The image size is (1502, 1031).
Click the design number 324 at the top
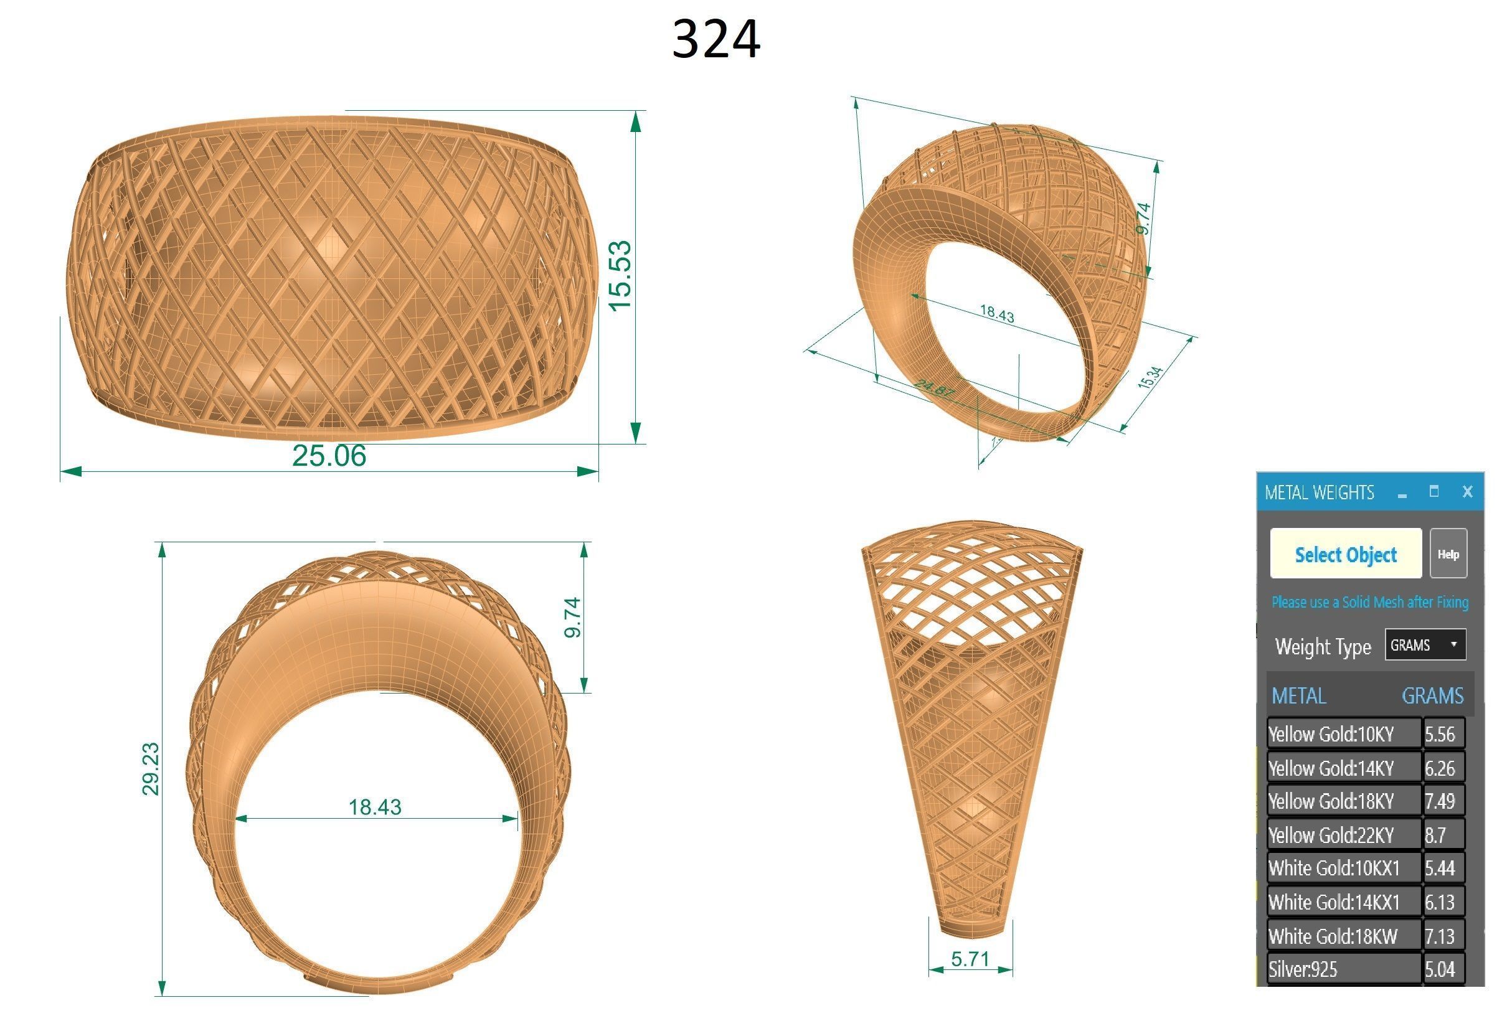point(716,40)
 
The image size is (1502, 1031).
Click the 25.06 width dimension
point(329,456)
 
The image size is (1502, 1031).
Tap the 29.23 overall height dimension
point(151,769)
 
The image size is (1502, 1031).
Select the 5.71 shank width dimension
point(970,959)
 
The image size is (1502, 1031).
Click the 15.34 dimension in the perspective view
point(1150,377)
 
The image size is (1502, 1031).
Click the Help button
point(1448,554)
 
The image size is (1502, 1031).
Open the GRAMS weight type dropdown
point(1424,645)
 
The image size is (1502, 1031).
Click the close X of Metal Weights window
point(1467,492)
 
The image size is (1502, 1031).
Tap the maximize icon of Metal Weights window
point(1434,492)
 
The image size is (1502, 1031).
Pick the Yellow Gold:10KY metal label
point(1331,735)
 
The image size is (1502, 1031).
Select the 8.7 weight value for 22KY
point(1436,836)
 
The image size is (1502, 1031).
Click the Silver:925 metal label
point(1303,969)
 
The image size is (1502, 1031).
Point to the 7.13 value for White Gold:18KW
point(1440,936)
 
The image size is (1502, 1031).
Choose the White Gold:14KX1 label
point(1334,903)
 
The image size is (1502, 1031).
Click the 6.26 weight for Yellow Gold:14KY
point(1440,768)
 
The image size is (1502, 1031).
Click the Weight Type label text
point(1322,647)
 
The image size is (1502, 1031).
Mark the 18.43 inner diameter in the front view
point(375,807)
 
